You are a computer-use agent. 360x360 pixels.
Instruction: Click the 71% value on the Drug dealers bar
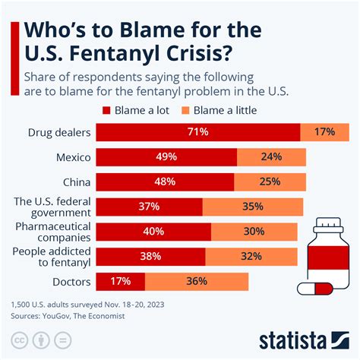pyautogui.click(x=198, y=132)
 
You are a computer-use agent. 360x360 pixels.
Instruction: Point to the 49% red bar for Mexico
pyautogui.click(x=167, y=157)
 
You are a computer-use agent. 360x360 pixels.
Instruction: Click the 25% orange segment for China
pyautogui.click(x=269, y=182)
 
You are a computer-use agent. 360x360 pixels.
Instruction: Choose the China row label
pyautogui.click(x=77, y=182)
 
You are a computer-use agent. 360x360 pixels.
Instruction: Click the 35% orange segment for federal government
pyautogui.click(x=252, y=207)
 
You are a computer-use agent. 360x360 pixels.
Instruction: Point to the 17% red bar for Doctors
pyautogui.click(x=122, y=282)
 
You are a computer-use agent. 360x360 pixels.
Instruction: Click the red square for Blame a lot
pyautogui.click(x=106, y=109)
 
